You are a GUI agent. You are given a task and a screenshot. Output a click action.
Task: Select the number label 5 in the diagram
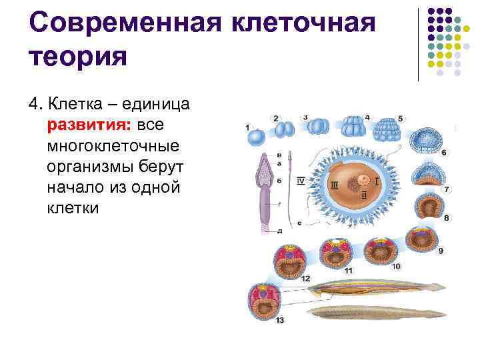tap(400, 118)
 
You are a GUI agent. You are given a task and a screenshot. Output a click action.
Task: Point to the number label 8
tap(446, 218)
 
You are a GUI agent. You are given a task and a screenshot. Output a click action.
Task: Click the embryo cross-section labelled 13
tap(259, 297)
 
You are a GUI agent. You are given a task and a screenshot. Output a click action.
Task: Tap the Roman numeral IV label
tap(301, 181)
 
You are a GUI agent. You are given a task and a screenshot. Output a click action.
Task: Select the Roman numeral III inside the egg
tap(333, 185)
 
